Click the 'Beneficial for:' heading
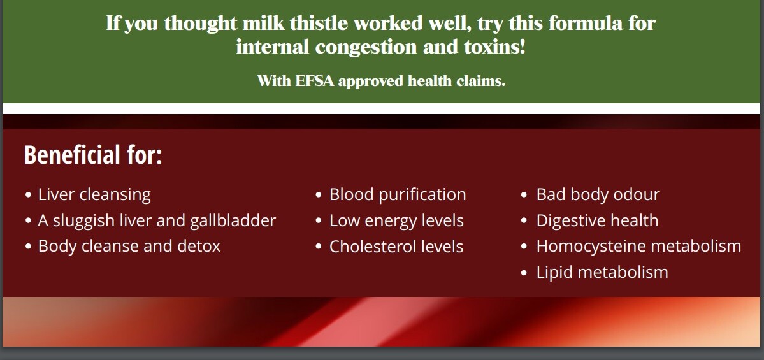point(93,155)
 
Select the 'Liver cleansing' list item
point(94,194)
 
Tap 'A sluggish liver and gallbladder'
point(157,220)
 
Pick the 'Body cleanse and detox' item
point(129,246)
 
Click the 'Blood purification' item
point(398,194)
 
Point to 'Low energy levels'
point(396,220)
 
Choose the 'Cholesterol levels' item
point(396,247)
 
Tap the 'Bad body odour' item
point(598,194)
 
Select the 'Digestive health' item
point(597,220)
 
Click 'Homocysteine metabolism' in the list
point(638,246)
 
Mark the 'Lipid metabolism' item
point(602,272)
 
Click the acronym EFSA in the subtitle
point(315,81)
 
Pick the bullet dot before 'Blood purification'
point(319,195)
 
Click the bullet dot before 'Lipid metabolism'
point(524,273)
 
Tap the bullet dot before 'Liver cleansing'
point(28,195)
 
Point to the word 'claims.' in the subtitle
point(481,81)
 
